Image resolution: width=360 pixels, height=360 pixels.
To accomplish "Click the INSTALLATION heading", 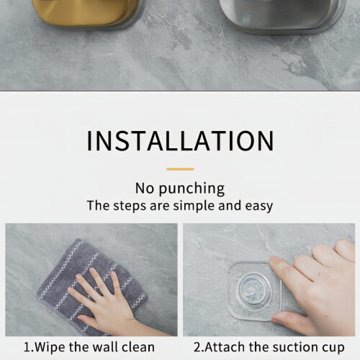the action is tap(180, 140).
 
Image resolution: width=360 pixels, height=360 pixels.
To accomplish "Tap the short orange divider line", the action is tap(180, 169).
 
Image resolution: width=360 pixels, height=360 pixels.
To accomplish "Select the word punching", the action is tap(192, 189).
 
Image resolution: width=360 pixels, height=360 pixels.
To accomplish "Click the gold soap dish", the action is tap(86, 13).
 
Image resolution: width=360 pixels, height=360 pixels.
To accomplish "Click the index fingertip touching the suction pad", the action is tap(274, 261).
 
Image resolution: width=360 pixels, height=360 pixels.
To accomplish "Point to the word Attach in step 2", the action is tap(225, 347).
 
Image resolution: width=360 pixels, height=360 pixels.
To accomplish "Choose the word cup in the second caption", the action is tap(333, 348).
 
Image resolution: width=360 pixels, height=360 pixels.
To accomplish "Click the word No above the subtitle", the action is tap(145, 188).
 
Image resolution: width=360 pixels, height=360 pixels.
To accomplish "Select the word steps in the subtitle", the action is tap(130, 207).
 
